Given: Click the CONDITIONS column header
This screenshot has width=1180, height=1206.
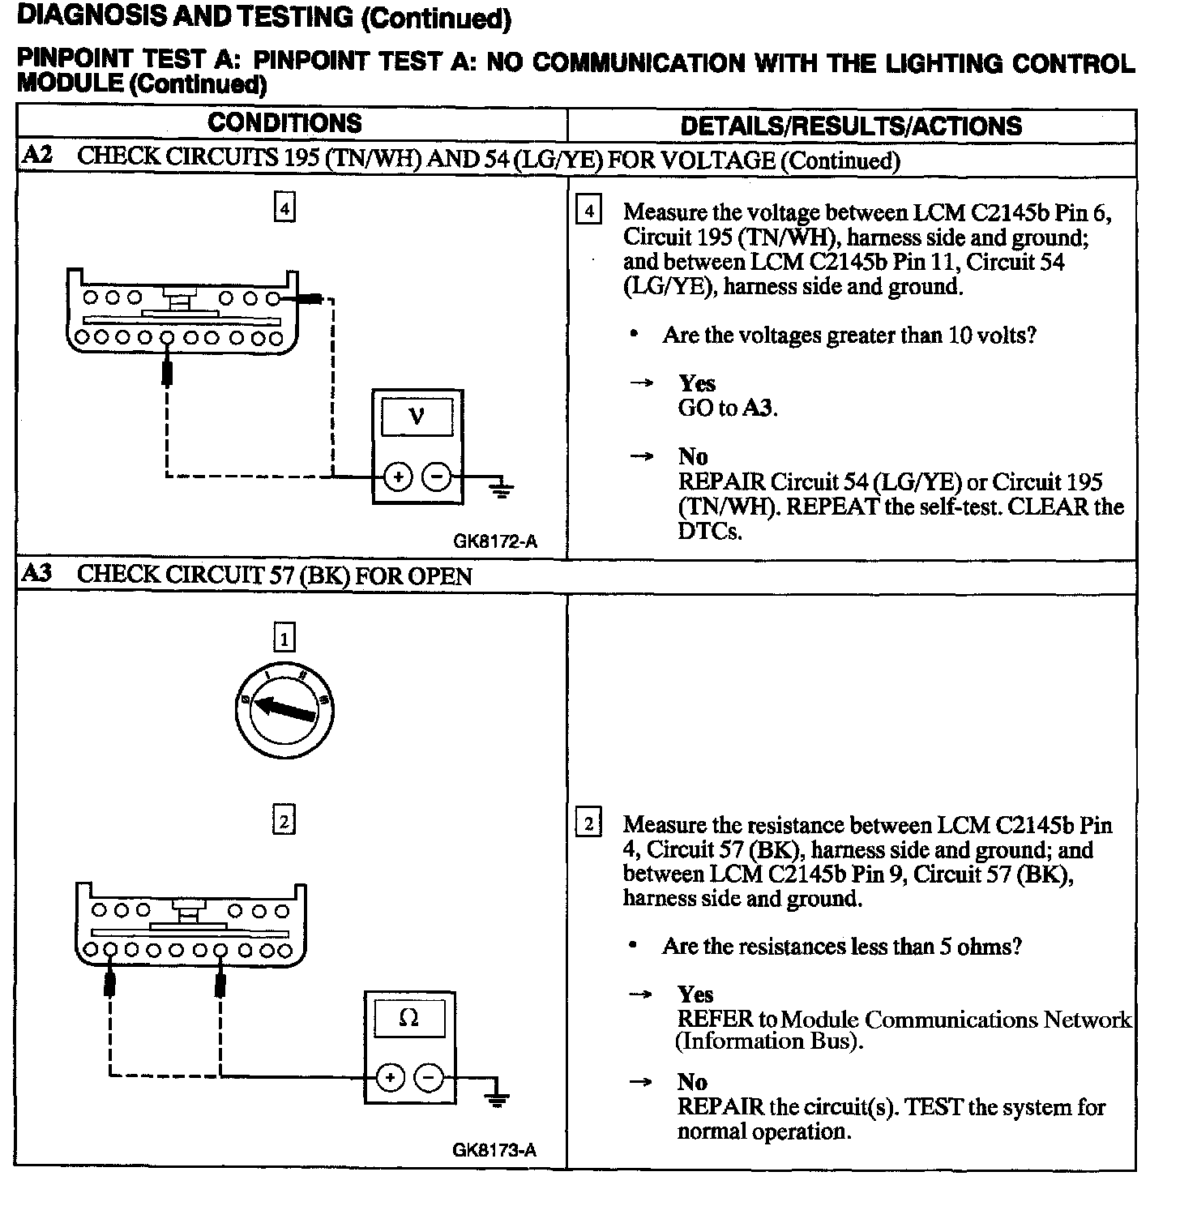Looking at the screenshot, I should point(284,123).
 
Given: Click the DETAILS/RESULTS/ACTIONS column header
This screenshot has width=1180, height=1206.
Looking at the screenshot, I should point(851,126).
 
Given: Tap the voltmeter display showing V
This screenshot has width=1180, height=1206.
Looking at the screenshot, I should point(417,417).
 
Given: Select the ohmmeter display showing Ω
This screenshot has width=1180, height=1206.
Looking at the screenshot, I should point(409,1018).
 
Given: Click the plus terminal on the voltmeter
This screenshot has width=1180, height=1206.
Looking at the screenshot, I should point(398,477).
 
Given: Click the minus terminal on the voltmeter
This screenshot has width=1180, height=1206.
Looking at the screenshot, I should point(437,477).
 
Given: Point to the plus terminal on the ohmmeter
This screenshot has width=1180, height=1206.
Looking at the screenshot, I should point(391,1077).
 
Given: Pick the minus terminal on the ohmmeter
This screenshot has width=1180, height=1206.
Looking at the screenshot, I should point(429,1077).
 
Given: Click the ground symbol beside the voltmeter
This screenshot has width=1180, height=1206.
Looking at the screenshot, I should point(502,488).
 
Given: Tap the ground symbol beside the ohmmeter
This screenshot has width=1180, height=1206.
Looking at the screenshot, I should point(497,1096).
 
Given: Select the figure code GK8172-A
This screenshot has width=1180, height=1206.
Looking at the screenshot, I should point(495,541).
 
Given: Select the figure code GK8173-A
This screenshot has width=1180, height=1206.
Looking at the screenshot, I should point(494,1150).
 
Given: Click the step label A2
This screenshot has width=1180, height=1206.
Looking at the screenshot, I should point(36,156).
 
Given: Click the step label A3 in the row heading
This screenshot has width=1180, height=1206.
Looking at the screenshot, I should point(36,574).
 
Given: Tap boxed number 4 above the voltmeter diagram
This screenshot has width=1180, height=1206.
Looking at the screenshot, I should point(284,208).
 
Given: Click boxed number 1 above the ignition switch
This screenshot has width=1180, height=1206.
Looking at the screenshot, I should point(284,639).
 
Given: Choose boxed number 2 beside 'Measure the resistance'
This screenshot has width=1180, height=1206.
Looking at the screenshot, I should point(588,824).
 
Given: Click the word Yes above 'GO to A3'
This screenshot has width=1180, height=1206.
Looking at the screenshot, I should point(696,383).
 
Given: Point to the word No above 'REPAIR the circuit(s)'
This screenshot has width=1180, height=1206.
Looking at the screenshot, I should point(692,1082).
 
